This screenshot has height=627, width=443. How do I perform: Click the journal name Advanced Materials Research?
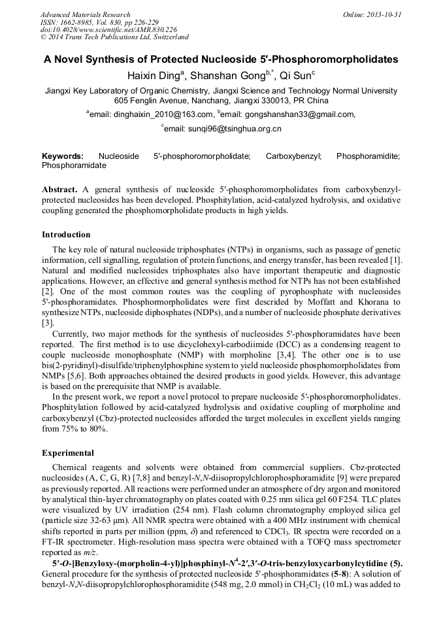[85, 14]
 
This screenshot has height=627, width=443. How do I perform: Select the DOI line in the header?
[108, 30]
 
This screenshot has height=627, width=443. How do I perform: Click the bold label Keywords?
[63, 157]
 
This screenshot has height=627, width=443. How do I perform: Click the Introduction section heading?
[66, 234]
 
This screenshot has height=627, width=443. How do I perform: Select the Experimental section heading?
[68, 452]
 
